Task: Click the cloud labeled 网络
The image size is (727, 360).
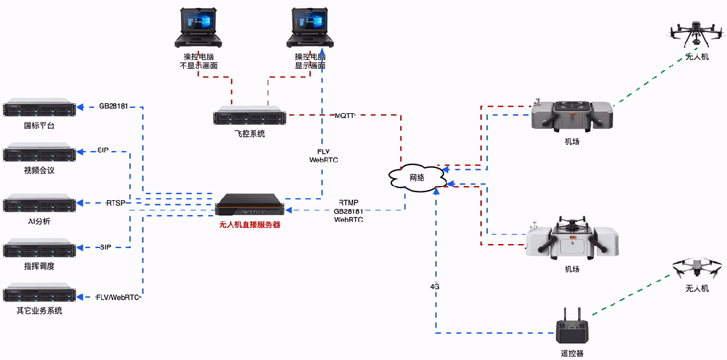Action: pyautogui.click(x=416, y=177)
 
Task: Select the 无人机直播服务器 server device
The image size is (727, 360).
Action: pyautogui.click(x=249, y=204)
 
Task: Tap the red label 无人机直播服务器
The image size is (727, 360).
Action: pyautogui.click(x=249, y=224)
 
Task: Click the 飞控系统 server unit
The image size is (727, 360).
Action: pyautogui.click(x=250, y=116)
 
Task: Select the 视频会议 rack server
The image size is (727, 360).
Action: pyautogui.click(x=38, y=152)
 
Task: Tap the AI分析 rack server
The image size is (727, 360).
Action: pyautogui.click(x=38, y=203)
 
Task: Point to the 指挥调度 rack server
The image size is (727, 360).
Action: pyautogui.click(x=38, y=248)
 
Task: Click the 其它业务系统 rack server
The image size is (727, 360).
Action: pyautogui.click(x=38, y=295)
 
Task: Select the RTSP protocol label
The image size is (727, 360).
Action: pyautogui.click(x=115, y=203)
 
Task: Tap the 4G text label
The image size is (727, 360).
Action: pyautogui.click(x=435, y=286)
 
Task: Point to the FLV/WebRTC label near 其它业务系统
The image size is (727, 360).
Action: pyautogui.click(x=118, y=297)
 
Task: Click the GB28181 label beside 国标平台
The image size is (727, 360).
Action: pyautogui.click(x=114, y=107)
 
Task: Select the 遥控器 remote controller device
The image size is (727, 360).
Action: pyautogui.click(x=571, y=328)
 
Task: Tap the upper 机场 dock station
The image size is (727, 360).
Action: pyautogui.click(x=571, y=115)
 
